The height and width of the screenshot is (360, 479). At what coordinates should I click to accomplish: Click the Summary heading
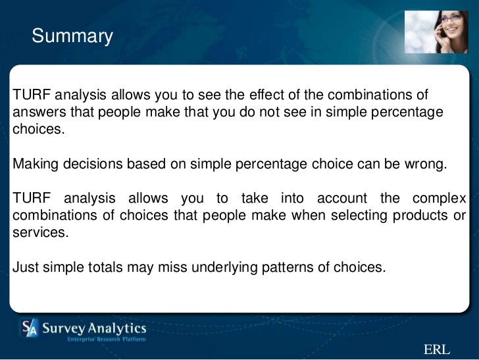tap(72, 36)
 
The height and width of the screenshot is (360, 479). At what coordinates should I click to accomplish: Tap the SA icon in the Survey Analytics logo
tap(30, 328)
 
